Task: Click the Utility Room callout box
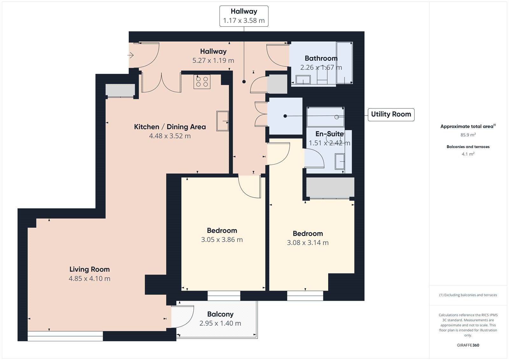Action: pyautogui.click(x=391, y=114)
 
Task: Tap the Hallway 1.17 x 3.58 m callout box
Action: pyautogui.click(x=244, y=16)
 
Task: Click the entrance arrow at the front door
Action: pyautogui.click(x=130, y=55)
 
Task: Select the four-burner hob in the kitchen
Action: pyautogui.click(x=202, y=82)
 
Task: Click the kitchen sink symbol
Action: pyautogui.click(x=222, y=121)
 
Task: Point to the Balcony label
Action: pyautogui.click(x=220, y=314)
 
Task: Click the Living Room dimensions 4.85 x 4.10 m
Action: pyautogui.click(x=89, y=279)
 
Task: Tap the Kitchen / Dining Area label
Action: pyautogui.click(x=170, y=127)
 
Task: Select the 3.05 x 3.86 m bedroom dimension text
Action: pyautogui.click(x=222, y=240)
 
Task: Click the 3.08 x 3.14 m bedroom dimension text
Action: pyautogui.click(x=308, y=243)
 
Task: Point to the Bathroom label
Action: pyautogui.click(x=321, y=58)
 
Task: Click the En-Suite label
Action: pyautogui.click(x=330, y=134)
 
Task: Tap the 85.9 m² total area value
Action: pyautogui.click(x=468, y=135)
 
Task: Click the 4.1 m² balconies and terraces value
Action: pyautogui.click(x=468, y=154)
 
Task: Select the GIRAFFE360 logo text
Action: pyautogui.click(x=468, y=345)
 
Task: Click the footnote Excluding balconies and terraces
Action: pyautogui.click(x=468, y=295)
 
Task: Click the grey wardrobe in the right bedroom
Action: pyautogui.click(x=330, y=187)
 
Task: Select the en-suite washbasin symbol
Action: pyautogui.click(x=340, y=162)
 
